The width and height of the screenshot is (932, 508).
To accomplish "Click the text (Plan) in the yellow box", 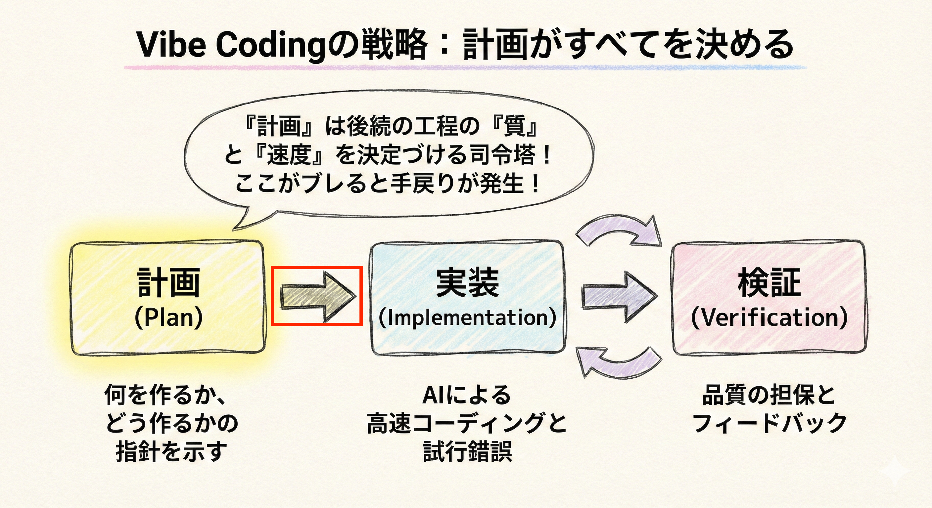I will tap(168, 317).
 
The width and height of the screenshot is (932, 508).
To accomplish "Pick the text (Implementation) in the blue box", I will tap(467, 317).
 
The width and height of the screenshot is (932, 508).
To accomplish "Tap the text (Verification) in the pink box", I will tap(769, 317).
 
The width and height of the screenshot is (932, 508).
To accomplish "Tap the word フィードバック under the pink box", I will tap(769, 423).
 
